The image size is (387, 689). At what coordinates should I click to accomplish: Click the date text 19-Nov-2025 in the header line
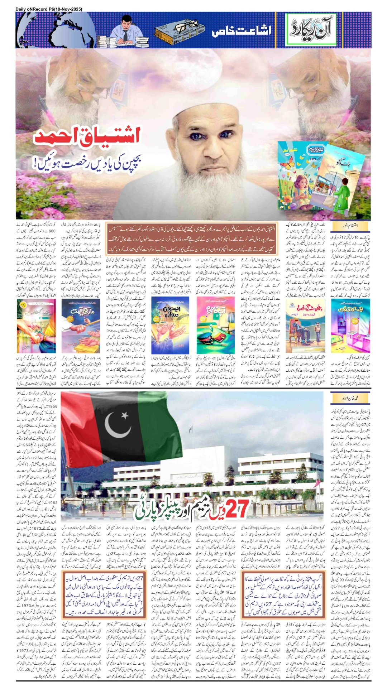click(68, 9)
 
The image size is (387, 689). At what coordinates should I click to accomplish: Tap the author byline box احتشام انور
click(350, 226)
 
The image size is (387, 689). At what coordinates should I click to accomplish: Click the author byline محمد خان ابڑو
click(350, 398)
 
